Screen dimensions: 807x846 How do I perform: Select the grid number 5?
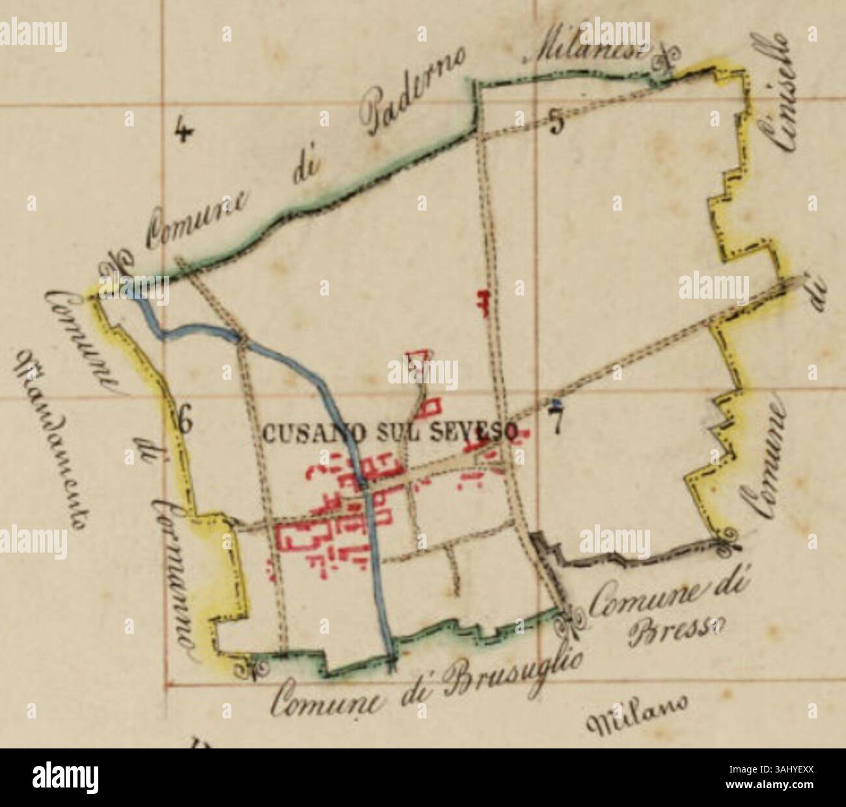[556, 123]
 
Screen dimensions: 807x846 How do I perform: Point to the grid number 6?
[185, 423]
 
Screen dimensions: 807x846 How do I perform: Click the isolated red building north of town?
[483, 303]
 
